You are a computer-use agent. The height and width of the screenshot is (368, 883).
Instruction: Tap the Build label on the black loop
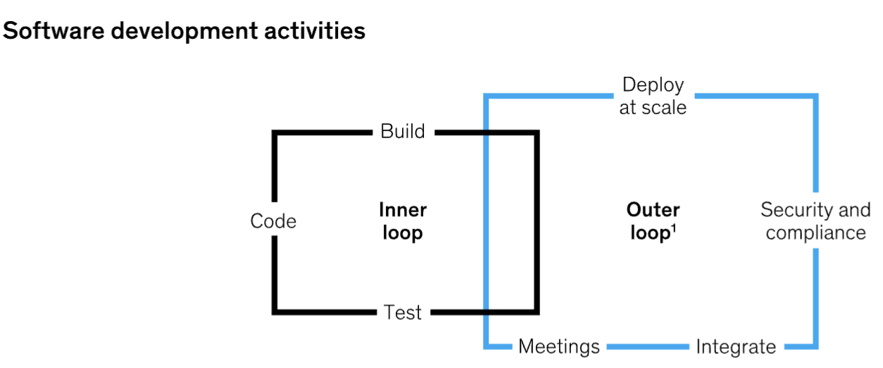point(403,131)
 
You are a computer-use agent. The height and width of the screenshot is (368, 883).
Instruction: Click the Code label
point(273,221)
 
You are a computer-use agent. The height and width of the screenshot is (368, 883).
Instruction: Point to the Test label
point(403,312)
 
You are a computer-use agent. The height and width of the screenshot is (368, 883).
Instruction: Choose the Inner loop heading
point(403,221)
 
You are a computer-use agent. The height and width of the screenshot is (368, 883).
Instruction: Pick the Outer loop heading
point(653,221)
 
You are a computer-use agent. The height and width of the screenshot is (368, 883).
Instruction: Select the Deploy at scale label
point(653,96)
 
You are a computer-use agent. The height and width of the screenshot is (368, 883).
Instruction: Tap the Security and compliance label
point(815,221)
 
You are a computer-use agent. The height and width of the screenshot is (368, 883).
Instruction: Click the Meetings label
point(559,347)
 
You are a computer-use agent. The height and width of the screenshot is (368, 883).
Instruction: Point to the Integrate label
point(736,347)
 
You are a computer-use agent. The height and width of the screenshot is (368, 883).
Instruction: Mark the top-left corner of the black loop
point(275,132)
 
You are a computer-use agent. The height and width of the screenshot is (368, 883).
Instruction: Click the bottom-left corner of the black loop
point(275,312)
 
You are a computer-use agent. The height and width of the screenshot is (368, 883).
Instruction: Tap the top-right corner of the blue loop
point(816,95)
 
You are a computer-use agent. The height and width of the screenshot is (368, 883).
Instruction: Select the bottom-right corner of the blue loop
point(816,347)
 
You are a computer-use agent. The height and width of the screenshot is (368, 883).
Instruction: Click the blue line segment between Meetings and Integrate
point(646,347)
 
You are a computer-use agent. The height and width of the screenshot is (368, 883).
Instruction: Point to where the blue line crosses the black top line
point(485,132)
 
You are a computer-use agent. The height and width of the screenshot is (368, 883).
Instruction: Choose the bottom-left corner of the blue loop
point(486,347)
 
